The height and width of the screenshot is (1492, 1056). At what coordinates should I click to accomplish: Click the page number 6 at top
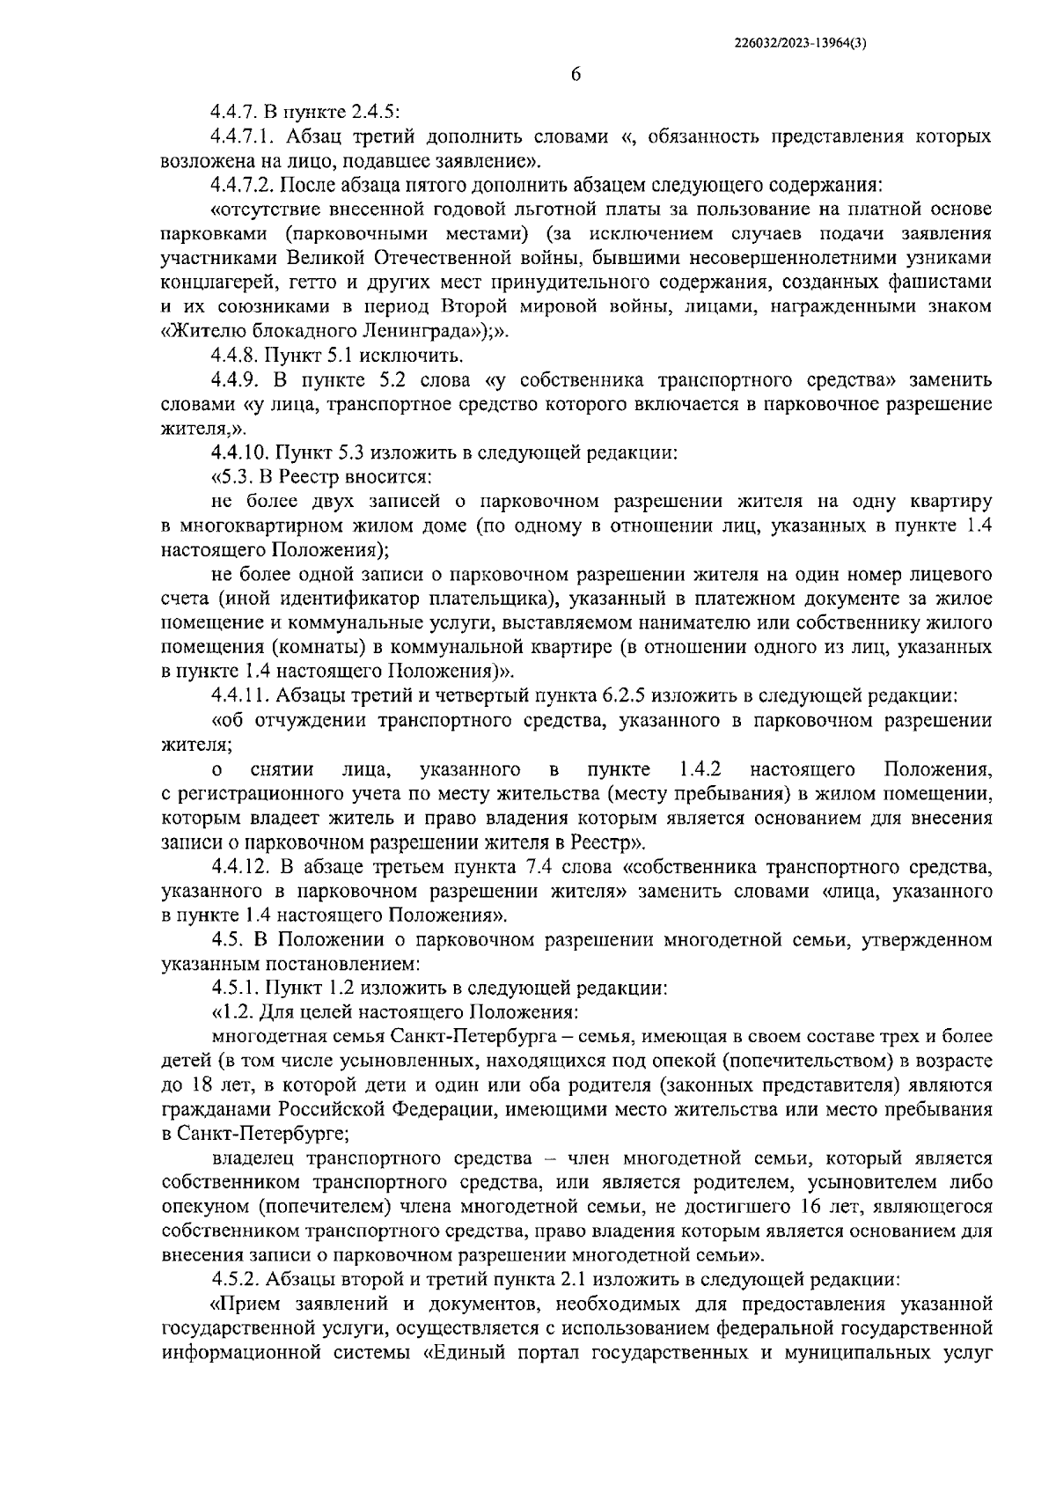(576, 76)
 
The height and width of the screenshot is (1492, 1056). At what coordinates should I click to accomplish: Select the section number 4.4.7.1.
(246, 137)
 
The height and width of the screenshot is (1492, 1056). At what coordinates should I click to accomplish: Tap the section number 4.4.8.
(235, 356)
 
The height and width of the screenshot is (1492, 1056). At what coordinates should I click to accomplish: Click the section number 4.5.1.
(235, 988)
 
